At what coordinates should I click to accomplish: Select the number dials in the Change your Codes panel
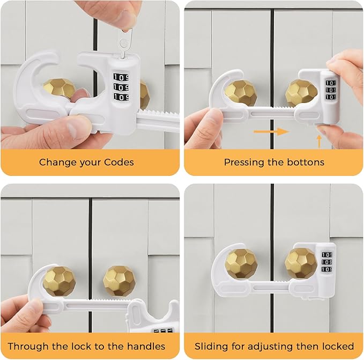tap(121, 87)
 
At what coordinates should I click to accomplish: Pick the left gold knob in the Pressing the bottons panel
tap(240, 93)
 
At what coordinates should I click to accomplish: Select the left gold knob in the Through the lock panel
tap(59, 281)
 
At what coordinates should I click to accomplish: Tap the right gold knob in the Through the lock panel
tap(119, 281)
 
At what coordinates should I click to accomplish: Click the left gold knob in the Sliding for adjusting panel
tap(241, 262)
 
